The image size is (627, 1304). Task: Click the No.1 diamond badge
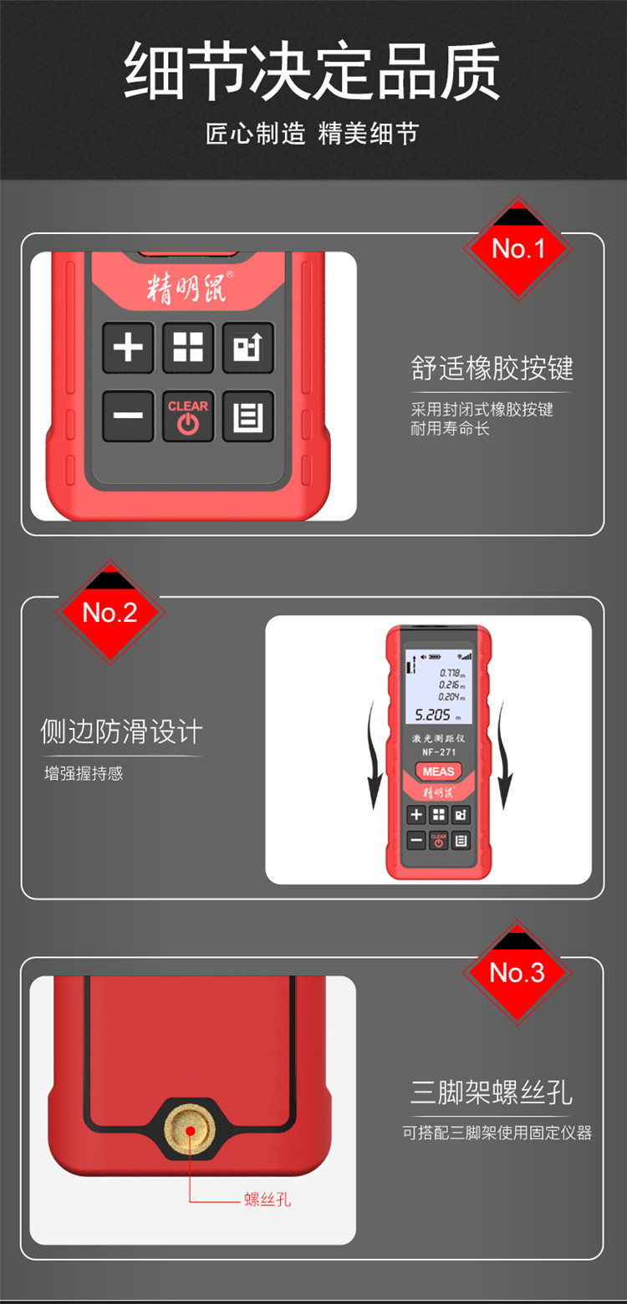518,248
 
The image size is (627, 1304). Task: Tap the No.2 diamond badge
110,613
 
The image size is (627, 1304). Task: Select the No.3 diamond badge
517,973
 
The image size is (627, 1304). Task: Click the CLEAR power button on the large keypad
187,416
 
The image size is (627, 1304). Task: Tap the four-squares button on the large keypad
188,348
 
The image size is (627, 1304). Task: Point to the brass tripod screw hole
190,1131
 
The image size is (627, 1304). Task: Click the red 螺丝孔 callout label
268,1200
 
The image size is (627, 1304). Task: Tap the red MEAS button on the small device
438,772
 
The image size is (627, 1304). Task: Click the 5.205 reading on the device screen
432,715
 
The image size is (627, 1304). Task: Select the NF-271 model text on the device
439,752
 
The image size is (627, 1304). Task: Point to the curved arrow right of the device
504,755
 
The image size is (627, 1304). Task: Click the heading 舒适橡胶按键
492,368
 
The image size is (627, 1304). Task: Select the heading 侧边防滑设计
121,731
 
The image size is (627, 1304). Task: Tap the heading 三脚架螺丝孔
492,1092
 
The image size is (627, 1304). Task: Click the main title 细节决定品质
312,70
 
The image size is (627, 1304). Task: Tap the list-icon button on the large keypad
248,416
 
